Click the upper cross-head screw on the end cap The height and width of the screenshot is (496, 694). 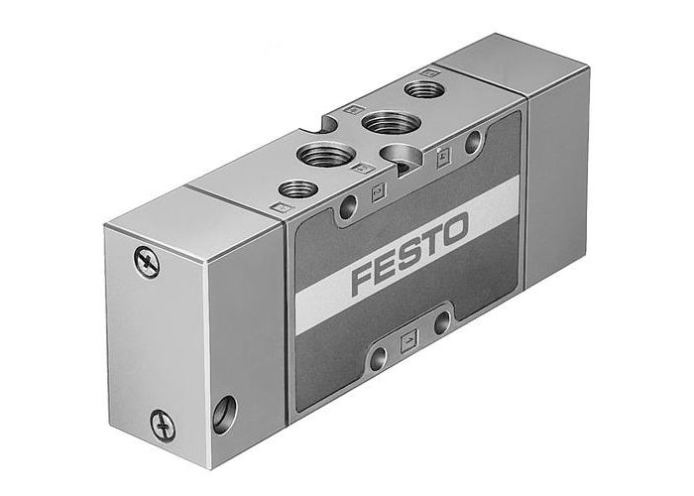click(x=146, y=262)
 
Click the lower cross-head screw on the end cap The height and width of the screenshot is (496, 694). click(x=163, y=426)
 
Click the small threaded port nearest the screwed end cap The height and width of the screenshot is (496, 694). click(x=297, y=187)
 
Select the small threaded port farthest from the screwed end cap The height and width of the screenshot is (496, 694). click(x=425, y=89)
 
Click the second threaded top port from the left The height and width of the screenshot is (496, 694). click(x=326, y=154)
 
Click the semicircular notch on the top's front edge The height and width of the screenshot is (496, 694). click(x=404, y=156)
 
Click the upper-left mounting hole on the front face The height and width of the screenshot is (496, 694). click(x=347, y=207)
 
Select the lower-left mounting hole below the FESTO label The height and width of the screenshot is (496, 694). click(x=378, y=358)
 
